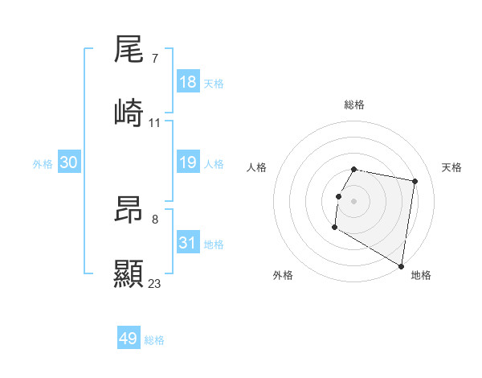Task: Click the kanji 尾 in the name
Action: [129, 50]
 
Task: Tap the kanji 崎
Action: [129, 114]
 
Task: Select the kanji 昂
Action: [129, 212]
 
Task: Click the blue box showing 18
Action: [188, 82]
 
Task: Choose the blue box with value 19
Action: [188, 162]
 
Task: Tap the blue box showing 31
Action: [188, 243]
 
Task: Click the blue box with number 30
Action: [69, 162]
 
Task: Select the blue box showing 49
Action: [129, 339]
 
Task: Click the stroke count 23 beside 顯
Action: [155, 283]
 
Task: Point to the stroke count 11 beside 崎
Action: [155, 122]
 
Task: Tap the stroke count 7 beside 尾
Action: [155, 58]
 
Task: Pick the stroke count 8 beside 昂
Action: [155, 219]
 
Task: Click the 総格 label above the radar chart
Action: [354, 105]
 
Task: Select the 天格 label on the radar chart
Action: [451, 167]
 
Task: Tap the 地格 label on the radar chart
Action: [421, 275]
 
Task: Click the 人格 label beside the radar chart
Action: [257, 167]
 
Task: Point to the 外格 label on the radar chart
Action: [283, 275]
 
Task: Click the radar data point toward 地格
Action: [402, 266]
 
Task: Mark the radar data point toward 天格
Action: [415, 182]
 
